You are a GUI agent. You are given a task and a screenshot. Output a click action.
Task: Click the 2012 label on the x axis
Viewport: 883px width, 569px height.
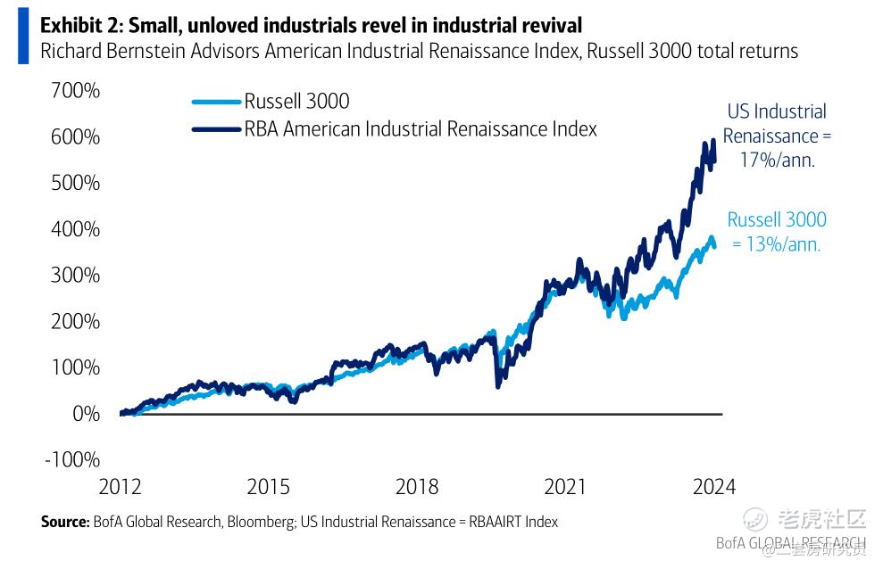(120, 487)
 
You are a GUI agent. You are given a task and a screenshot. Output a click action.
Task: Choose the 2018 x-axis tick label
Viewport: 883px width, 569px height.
(417, 487)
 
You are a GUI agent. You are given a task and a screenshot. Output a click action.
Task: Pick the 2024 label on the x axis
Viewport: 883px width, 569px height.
(713, 487)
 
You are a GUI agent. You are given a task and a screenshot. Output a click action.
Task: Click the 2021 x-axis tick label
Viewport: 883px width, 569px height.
(564, 487)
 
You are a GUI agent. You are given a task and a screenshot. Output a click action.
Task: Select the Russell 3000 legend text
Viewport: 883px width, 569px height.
(296, 102)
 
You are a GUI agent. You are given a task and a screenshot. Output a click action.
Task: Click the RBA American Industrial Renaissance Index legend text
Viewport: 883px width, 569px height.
(420, 129)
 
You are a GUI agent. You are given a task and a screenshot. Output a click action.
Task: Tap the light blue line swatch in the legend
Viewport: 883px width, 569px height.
(216, 102)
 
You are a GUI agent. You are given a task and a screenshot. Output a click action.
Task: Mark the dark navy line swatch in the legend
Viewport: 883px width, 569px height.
(216, 129)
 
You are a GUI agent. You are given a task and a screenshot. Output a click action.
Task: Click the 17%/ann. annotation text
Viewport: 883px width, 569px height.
(777, 161)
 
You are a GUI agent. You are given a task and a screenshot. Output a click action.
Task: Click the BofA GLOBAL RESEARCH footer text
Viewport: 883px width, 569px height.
(790, 543)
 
